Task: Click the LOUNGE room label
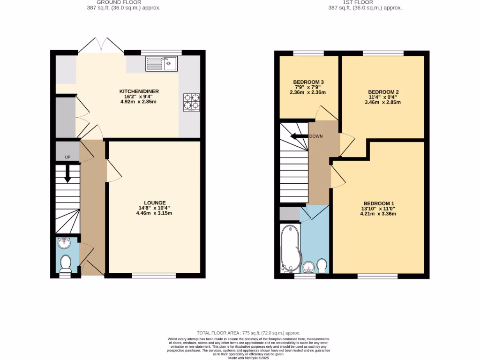[151, 202]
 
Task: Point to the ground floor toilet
[65, 263]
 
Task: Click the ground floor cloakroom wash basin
[64, 243]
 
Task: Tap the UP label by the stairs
[67, 157]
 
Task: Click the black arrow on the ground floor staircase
[67, 174]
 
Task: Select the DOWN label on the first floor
[316, 136]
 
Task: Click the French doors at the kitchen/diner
[101, 45]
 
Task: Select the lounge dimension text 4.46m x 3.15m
[151, 214]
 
